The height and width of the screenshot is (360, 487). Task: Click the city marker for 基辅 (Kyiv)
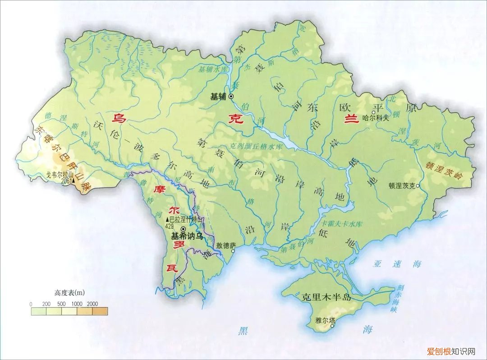click(x=231, y=96)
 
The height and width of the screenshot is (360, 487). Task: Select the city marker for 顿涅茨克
click(x=418, y=185)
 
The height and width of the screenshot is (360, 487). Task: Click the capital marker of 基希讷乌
click(x=183, y=229)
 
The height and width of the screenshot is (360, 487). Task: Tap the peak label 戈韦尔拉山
click(x=60, y=175)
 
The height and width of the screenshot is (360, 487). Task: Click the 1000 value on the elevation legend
click(x=76, y=304)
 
